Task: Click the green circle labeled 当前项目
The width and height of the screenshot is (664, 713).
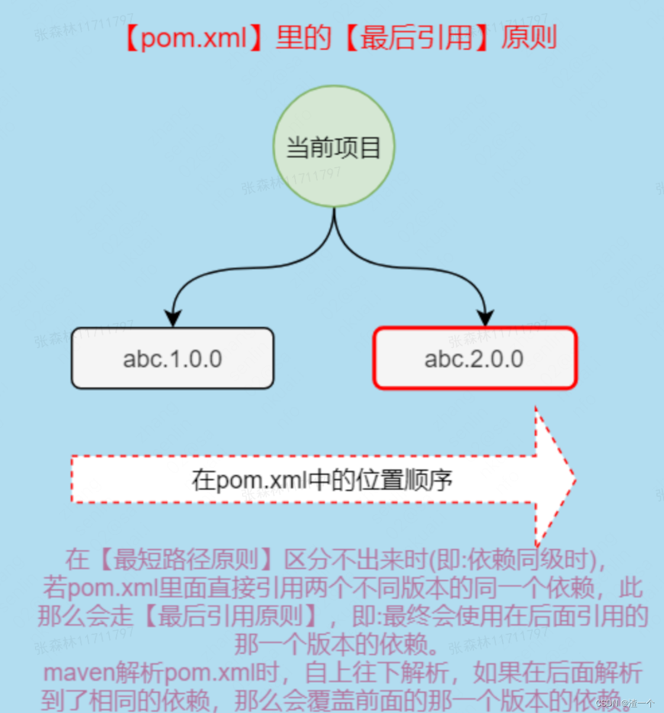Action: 334,146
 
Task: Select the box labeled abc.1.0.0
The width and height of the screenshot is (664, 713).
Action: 172,359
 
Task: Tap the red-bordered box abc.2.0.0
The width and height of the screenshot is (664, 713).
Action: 475,359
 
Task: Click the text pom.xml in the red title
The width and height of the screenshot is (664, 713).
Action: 194,38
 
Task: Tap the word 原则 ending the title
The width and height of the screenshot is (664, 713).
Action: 528,38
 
